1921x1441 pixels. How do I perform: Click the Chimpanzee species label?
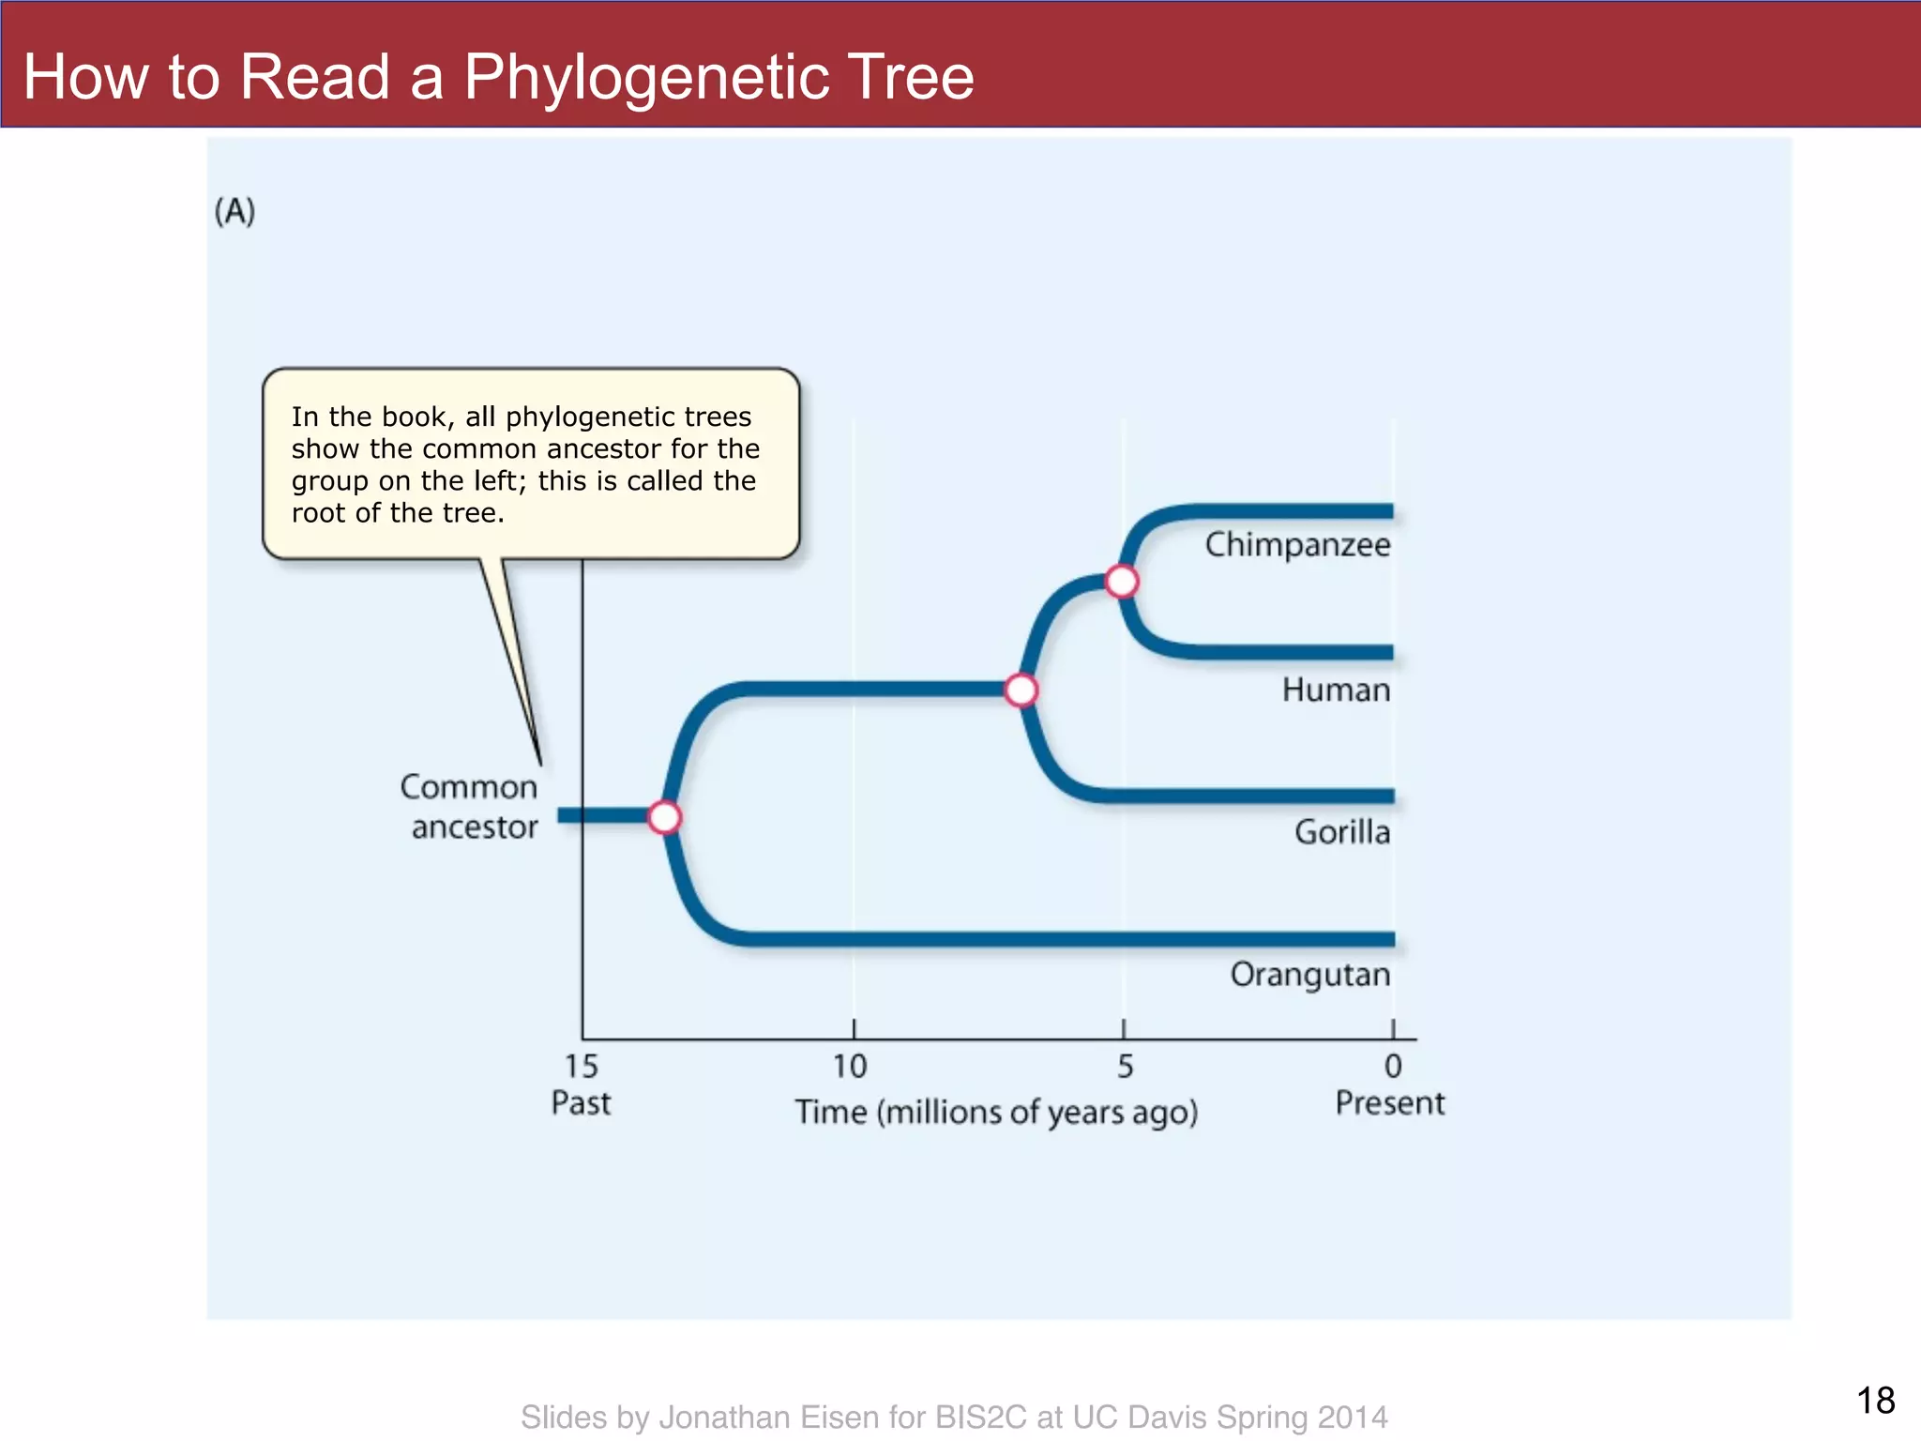1297,545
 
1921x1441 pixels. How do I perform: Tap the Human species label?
1336,690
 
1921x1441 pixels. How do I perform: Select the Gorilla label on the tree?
1341,832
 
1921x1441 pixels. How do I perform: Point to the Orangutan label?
1309,975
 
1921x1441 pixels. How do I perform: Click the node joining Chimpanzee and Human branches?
1122,582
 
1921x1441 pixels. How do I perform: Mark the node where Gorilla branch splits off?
1021,690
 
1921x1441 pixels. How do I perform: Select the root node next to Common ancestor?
665,817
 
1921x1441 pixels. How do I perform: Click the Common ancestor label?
470,807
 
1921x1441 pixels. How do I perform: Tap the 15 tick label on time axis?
581,1067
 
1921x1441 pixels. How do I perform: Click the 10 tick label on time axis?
851,1067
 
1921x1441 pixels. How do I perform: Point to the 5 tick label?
1125,1067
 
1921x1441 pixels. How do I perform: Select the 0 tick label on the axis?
1393,1067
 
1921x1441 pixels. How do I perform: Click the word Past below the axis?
581,1103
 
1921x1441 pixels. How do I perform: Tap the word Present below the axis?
1390,1103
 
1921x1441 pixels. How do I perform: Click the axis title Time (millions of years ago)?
996,1113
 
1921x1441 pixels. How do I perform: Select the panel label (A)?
234,211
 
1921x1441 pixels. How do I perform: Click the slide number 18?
1875,1401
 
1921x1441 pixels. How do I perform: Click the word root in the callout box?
319,513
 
